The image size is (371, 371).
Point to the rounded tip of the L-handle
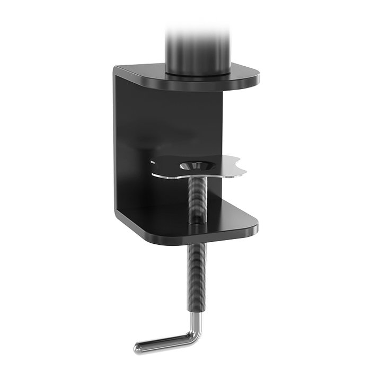(x=138, y=348)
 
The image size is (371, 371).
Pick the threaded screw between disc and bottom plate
(x=196, y=196)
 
